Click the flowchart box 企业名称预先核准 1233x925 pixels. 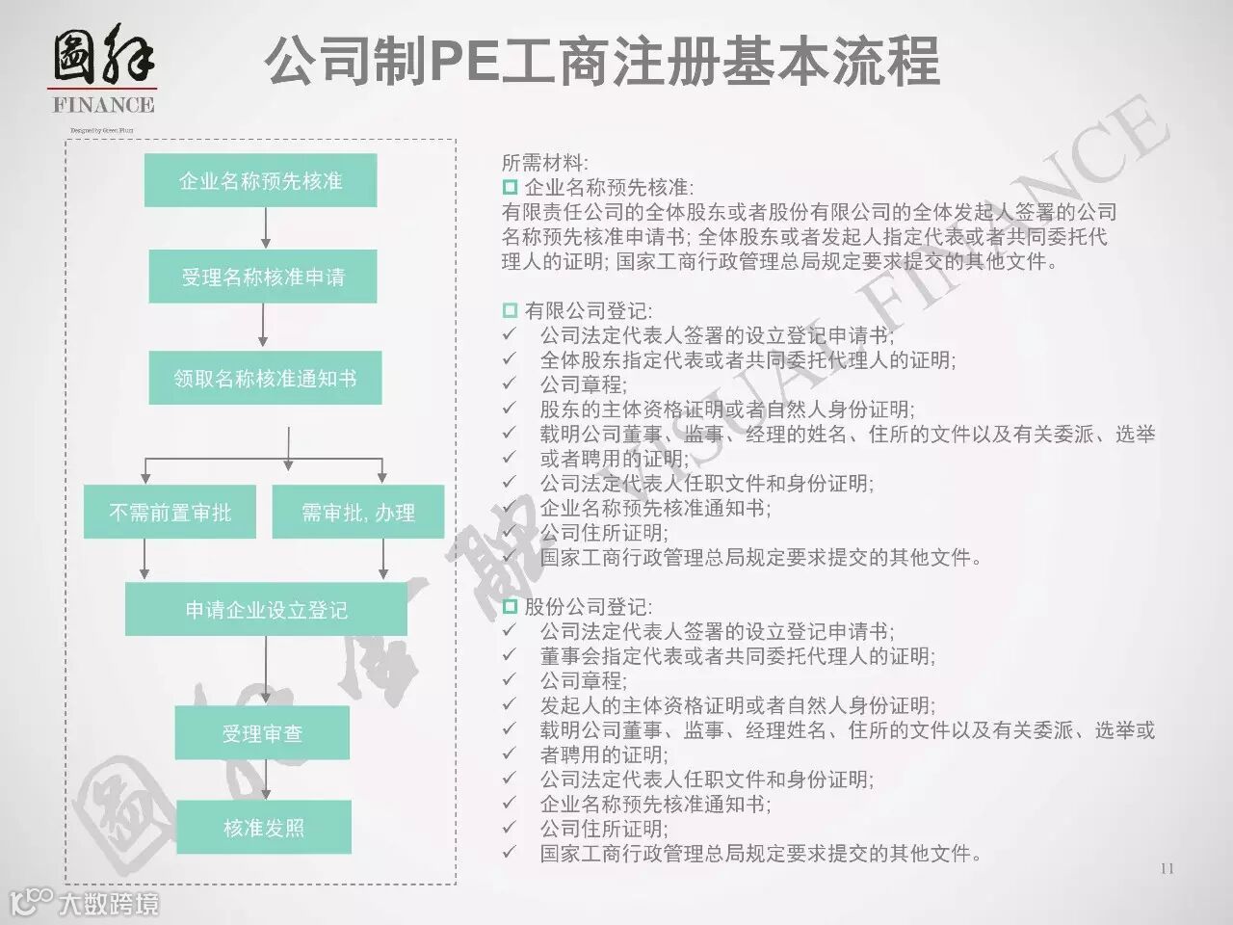(x=260, y=181)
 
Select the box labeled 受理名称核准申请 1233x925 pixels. (x=262, y=277)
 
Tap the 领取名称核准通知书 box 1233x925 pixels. (x=265, y=378)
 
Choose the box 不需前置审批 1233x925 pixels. (x=171, y=513)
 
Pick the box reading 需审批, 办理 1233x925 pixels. (x=358, y=513)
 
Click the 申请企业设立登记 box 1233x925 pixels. (x=266, y=610)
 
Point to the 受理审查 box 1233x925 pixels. (x=262, y=734)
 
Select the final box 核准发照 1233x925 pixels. (x=263, y=828)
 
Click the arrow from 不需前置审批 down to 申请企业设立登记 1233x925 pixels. (x=144, y=560)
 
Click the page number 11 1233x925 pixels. (x=1167, y=868)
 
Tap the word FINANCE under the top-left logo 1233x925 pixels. (x=103, y=105)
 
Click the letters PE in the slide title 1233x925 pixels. (x=460, y=63)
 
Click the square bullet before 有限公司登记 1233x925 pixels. (x=510, y=310)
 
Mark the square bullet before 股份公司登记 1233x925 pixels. (x=510, y=606)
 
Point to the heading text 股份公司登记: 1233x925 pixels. (x=588, y=607)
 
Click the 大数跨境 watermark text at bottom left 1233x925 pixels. (x=108, y=904)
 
